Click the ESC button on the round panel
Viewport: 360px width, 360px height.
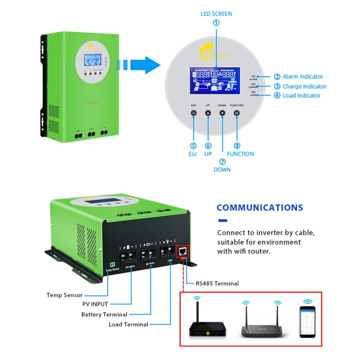(x=193, y=113)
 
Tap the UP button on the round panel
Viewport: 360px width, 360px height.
(x=208, y=113)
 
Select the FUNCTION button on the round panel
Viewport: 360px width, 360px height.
(x=236, y=113)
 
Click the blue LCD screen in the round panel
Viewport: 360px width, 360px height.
(x=214, y=84)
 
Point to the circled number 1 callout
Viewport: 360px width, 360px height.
(x=216, y=23)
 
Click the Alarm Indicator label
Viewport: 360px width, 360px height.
(x=303, y=76)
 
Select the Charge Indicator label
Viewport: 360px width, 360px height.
(x=303, y=87)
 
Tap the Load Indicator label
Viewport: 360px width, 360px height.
(x=300, y=96)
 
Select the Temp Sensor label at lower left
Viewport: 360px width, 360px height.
(x=65, y=295)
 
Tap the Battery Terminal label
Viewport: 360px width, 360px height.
(x=105, y=314)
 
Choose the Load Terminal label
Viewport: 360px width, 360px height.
(x=129, y=325)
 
